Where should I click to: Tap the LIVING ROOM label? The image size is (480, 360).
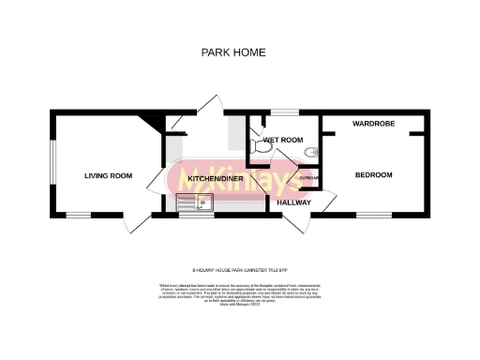click(108, 175)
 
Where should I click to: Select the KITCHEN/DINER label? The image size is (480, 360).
click(216, 178)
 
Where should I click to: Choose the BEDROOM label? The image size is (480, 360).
click(373, 175)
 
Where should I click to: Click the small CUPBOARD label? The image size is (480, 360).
click(309, 177)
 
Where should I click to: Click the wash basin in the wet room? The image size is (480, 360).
click(314, 151)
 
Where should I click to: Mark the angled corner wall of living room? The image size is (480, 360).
click(148, 121)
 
